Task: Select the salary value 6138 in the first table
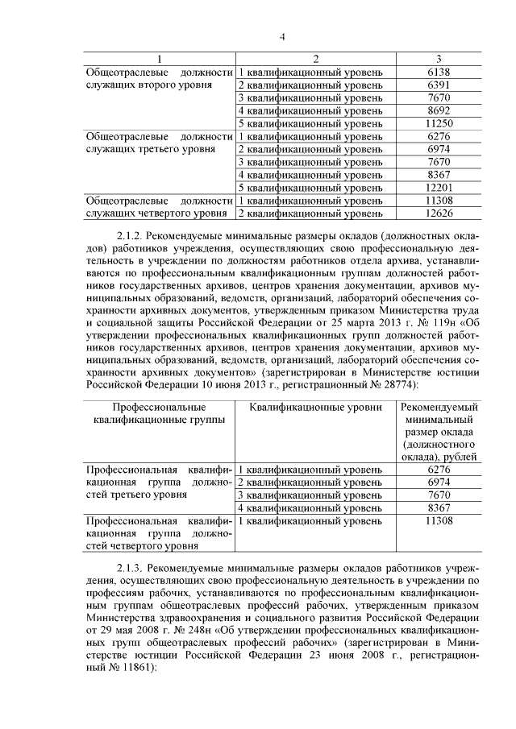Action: tap(439, 72)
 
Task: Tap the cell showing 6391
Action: tap(439, 85)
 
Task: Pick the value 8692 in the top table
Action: tap(439, 110)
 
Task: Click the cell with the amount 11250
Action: tap(439, 123)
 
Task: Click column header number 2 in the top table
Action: tap(316, 59)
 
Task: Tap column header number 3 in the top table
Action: tap(439, 59)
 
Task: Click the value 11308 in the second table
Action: tap(439, 521)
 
